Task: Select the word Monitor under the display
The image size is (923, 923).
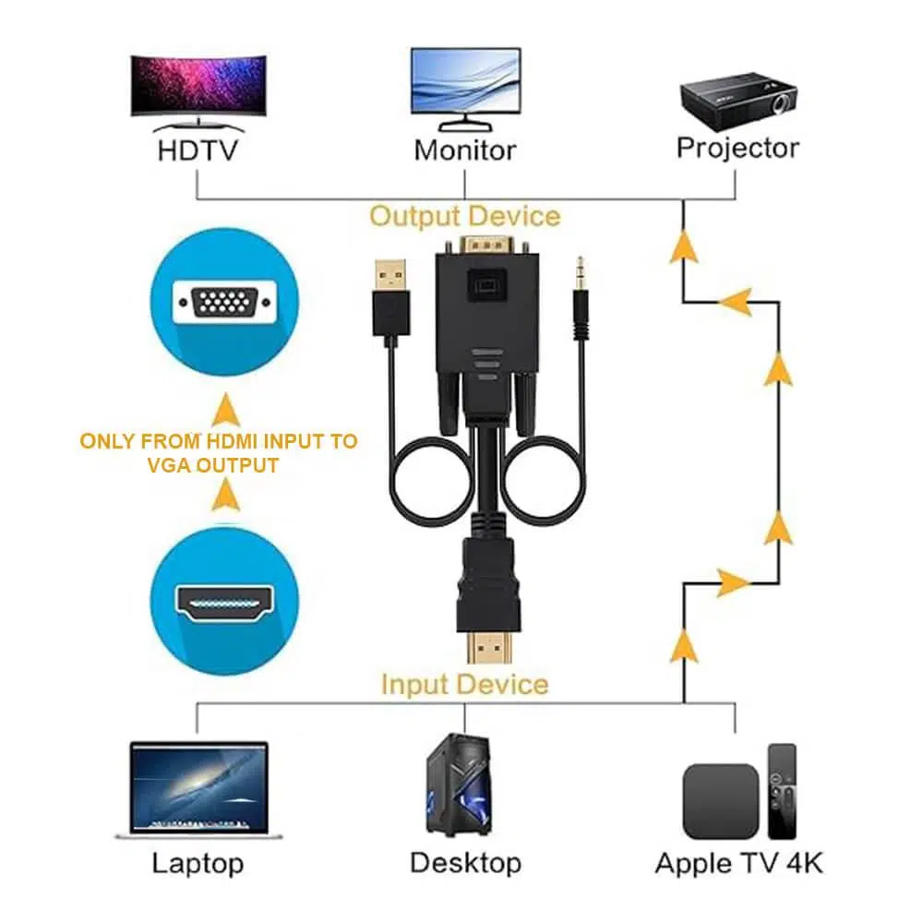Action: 465,150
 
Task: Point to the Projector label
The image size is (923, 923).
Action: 737,148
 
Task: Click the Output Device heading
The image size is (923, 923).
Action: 465,216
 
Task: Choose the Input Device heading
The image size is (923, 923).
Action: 464,685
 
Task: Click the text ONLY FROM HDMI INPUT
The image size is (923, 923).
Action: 219,441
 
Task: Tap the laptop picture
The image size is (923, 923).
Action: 198,790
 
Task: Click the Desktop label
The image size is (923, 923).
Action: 465,863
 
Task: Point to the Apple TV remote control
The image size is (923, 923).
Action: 782,790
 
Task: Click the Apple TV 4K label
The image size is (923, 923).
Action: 738,863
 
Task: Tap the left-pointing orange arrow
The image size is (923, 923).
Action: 734,301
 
